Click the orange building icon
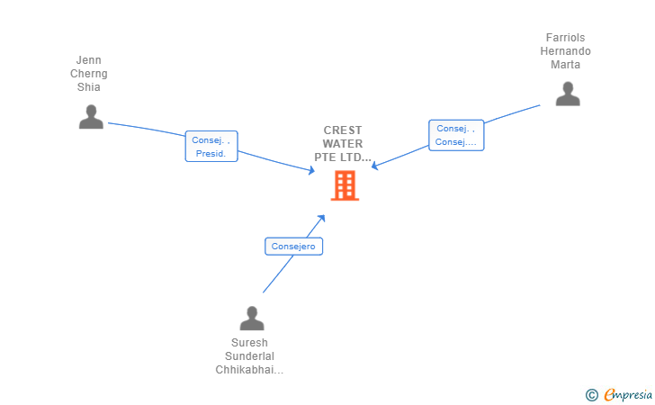[345, 185]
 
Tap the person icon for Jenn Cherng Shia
[91, 117]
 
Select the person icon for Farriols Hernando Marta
[568, 94]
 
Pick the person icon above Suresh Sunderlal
[252, 318]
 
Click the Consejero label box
[293, 247]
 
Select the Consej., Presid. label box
[211, 147]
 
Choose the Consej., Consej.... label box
[456, 135]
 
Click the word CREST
[343, 130]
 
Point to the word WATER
[343, 144]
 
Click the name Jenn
[88, 60]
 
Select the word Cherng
[88, 74]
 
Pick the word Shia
[88, 87]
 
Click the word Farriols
[565, 38]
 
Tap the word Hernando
[565, 51]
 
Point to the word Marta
[565, 65]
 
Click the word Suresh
[249, 343]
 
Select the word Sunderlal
[249, 356]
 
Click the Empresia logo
[619, 394]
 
